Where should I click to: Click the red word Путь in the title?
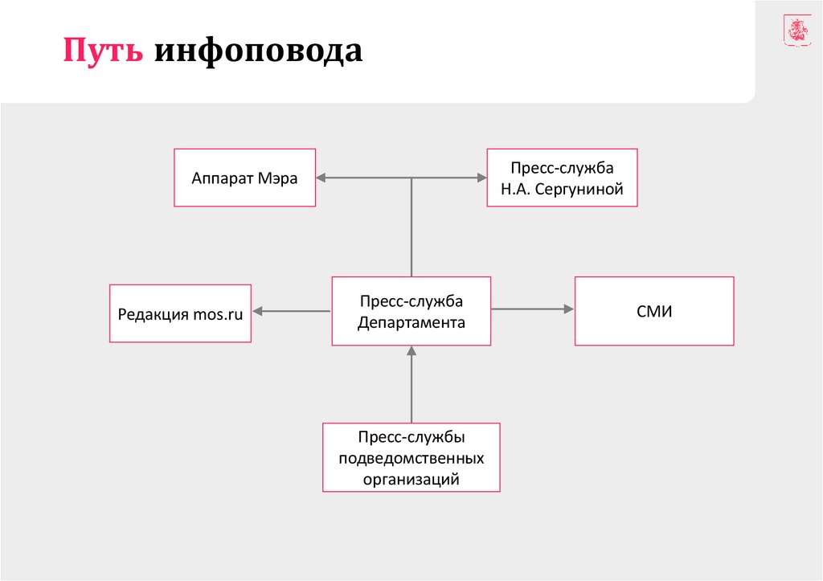click(104, 51)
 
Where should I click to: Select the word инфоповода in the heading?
click(258, 51)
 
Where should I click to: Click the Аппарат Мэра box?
click(244, 178)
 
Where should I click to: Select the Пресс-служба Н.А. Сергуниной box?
click(562, 178)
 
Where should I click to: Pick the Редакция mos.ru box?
click(180, 313)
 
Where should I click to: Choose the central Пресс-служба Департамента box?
click(411, 311)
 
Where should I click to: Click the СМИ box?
click(653, 310)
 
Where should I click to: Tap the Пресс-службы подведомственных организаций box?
click(411, 457)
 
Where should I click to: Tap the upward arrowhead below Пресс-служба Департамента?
click(411, 351)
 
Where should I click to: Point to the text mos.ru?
click(218, 313)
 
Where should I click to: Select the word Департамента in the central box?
click(411, 322)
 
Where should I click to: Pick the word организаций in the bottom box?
click(411, 479)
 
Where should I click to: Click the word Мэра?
click(277, 178)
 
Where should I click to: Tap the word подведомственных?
click(411, 458)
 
